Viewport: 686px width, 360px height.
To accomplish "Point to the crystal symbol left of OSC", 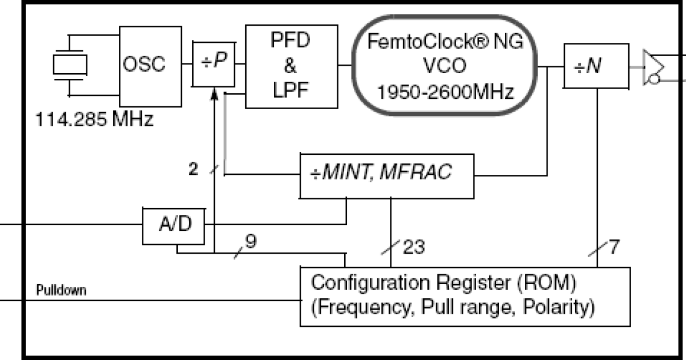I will [x=69, y=65].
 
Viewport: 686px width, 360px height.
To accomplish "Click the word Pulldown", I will [x=62, y=290].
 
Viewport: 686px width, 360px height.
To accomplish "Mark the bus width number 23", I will [x=414, y=248].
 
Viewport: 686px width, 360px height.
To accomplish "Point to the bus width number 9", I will [x=250, y=241].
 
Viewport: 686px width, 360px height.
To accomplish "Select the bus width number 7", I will [x=614, y=247].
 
